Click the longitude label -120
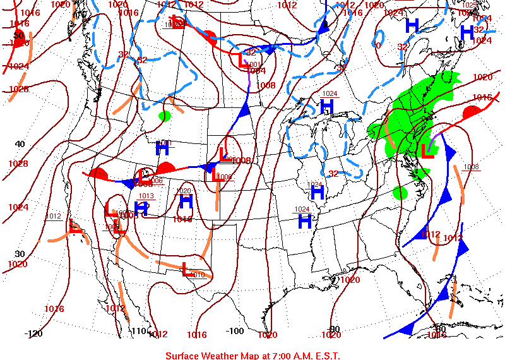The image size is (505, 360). click(x=33, y=333)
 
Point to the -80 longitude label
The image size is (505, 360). click(x=440, y=328)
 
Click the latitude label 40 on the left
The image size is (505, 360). click(x=20, y=144)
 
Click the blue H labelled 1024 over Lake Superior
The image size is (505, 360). click(x=326, y=106)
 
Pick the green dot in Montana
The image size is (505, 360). click(x=165, y=116)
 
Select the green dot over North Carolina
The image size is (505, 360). click(x=400, y=192)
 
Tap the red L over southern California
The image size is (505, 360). click(x=75, y=226)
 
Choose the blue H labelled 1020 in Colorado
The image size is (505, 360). click(x=186, y=202)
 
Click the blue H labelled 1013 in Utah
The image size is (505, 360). click(x=141, y=207)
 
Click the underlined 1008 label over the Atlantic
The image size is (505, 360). click(x=471, y=167)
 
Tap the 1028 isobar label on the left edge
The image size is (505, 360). click(x=18, y=164)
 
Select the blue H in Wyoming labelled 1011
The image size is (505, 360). click(x=163, y=148)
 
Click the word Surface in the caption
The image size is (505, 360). click(x=184, y=355)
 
